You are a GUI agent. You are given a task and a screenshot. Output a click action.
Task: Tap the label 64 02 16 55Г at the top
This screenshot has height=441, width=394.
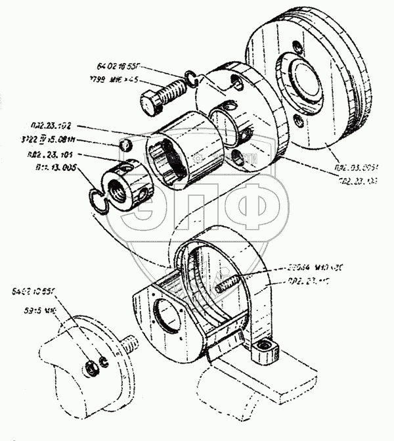coord(119,67)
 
